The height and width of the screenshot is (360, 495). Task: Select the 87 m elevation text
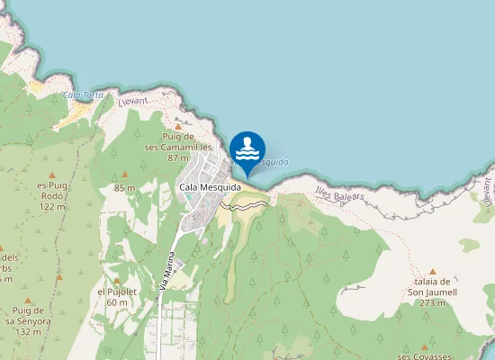click(177, 157)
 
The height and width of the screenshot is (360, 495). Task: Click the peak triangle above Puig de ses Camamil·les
click(177, 128)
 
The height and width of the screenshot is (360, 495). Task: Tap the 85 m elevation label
click(124, 187)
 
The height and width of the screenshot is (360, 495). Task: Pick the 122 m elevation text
click(53, 206)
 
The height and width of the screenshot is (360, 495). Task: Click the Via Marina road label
click(166, 270)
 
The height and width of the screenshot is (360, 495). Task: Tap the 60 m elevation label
click(117, 303)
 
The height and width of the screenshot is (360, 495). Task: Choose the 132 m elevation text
click(29, 331)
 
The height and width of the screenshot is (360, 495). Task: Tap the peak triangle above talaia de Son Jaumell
click(432, 270)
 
